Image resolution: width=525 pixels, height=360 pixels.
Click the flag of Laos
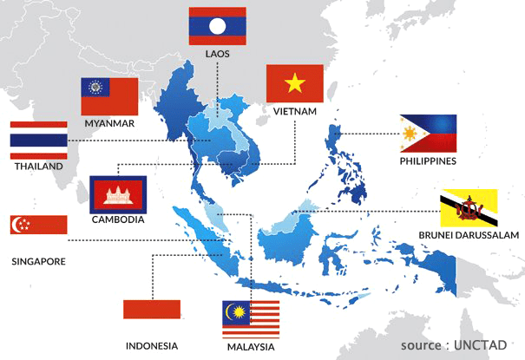click(217, 26)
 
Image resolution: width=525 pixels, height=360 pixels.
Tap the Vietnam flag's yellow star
click(294, 83)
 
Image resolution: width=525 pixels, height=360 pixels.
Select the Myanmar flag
click(109, 96)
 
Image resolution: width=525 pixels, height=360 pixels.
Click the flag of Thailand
click(39, 139)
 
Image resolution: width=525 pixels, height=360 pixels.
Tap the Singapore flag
click(38, 225)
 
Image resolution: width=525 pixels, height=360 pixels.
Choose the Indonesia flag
click(152, 310)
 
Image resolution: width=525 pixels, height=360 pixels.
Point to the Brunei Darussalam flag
click(469, 208)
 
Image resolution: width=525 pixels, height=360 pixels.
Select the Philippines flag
click(428, 133)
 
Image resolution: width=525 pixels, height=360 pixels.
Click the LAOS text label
click(218, 54)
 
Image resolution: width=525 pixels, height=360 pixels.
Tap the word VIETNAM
click(294, 111)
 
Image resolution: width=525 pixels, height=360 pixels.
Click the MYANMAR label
click(109, 123)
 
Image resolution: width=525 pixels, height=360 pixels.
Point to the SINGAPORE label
click(39, 259)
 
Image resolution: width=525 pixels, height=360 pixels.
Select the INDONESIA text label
click(152, 344)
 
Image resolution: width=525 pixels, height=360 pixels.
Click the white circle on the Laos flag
click(217, 26)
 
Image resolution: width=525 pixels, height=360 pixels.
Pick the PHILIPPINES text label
click(428, 161)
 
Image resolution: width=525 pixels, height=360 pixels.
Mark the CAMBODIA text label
click(118, 219)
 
